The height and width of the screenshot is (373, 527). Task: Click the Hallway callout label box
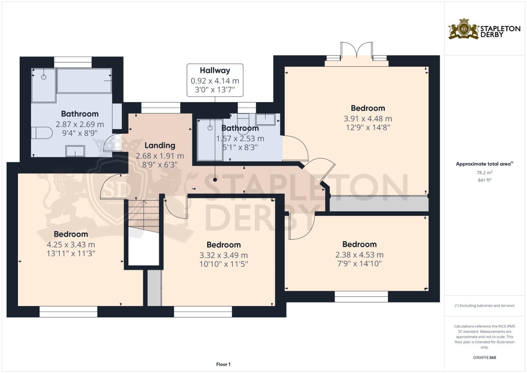coord(215,80)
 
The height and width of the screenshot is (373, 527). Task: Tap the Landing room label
coord(160,145)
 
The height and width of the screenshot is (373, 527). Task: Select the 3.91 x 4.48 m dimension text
coord(368,118)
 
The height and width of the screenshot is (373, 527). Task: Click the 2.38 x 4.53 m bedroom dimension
coord(359,255)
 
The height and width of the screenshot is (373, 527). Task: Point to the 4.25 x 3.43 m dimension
coord(71,245)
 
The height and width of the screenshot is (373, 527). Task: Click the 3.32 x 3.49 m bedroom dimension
coord(224,255)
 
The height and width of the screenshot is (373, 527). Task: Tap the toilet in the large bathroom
coord(41,133)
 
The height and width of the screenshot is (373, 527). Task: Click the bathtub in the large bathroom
coord(84,80)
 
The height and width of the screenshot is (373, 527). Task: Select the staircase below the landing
coord(144,216)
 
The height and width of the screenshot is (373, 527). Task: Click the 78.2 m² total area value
coord(484,172)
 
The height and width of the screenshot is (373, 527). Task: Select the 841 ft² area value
coord(484,180)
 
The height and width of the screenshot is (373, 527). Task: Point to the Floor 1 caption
coord(223,364)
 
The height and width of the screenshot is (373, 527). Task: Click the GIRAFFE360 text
coord(484,357)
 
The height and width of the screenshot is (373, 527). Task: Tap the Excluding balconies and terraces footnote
coord(484,306)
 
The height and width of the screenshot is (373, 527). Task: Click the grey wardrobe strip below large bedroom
coord(379,204)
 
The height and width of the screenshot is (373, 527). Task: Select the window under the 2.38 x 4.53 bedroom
coord(361,297)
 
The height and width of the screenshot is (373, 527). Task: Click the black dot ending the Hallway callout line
coord(215,180)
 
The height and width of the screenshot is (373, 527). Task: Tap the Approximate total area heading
coord(484,164)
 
